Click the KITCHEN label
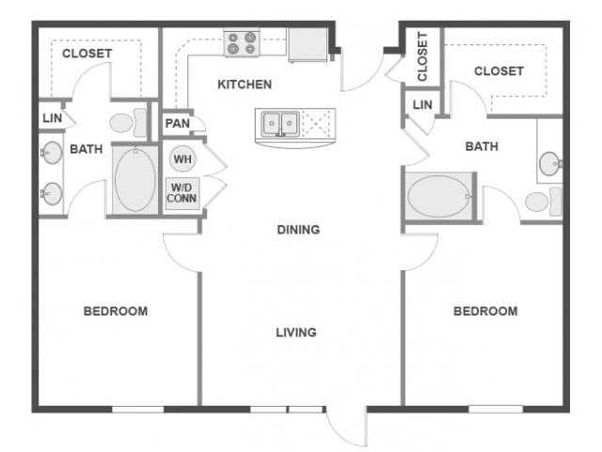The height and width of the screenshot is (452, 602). click(x=245, y=85)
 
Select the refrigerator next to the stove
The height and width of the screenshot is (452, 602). click(x=307, y=44)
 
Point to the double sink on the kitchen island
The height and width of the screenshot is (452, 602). click(x=279, y=122)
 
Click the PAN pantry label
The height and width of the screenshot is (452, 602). click(x=177, y=123)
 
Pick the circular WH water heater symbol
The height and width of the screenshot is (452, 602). click(x=182, y=159)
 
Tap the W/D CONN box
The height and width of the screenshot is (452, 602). click(x=182, y=193)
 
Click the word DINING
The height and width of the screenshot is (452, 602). click(x=298, y=230)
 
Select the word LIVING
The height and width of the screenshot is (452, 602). click(x=295, y=332)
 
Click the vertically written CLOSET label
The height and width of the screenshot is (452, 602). click(x=423, y=56)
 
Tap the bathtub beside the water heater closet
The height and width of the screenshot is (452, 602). click(x=135, y=179)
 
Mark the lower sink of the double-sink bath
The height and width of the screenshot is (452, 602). click(x=51, y=194)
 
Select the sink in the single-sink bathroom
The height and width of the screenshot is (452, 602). click(x=551, y=165)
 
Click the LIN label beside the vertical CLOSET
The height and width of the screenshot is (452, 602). click(x=422, y=105)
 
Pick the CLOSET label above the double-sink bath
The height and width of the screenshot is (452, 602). click(x=87, y=54)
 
